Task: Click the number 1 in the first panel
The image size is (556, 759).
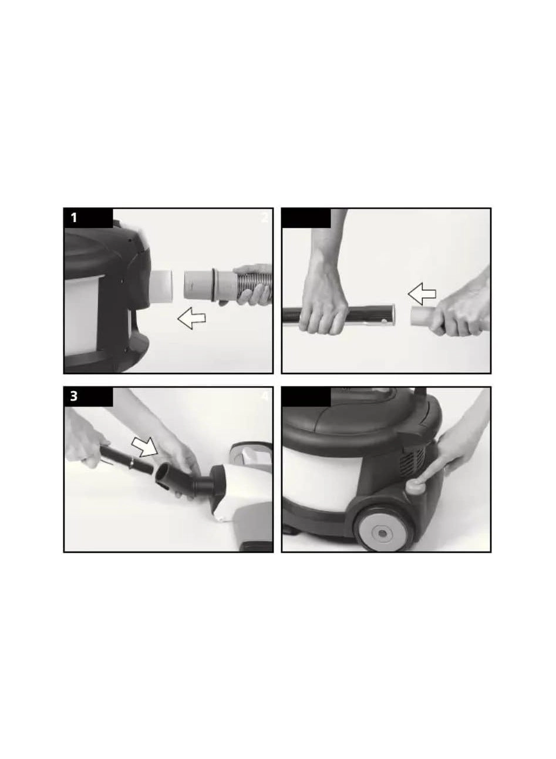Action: coord(74,218)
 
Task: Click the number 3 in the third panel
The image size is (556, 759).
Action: coord(74,397)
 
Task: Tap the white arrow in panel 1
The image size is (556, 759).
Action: coord(191,319)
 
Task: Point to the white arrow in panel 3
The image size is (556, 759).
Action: coord(144,446)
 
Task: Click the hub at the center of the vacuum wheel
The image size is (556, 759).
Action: coord(382,533)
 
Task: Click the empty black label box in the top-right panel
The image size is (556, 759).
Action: coord(306,218)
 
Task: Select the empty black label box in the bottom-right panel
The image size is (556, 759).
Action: coord(306,397)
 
